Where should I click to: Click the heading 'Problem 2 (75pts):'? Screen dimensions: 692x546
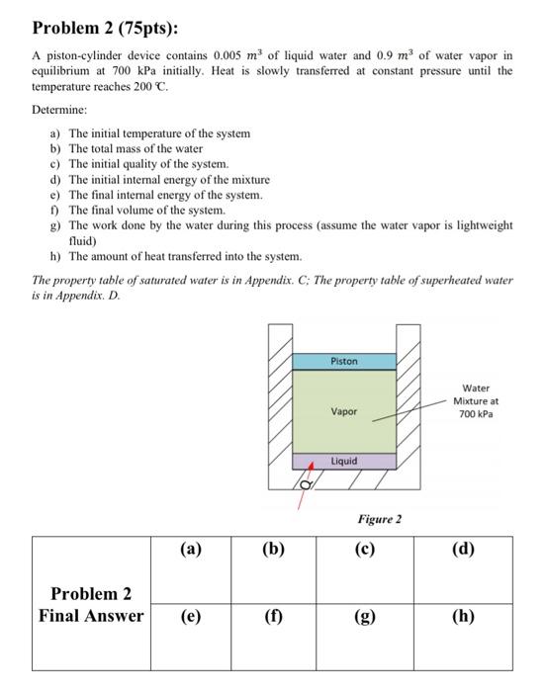click(x=95, y=28)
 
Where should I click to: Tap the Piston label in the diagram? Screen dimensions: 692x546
click(x=343, y=362)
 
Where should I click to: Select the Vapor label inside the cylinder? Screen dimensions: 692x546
click(x=343, y=411)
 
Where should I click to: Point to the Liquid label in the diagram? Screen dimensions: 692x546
click(x=343, y=461)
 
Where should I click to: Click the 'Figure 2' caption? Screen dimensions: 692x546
click(x=379, y=518)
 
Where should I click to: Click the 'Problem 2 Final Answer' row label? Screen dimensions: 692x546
click(x=90, y=604)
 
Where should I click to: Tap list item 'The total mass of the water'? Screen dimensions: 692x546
click(x=135, y=148)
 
